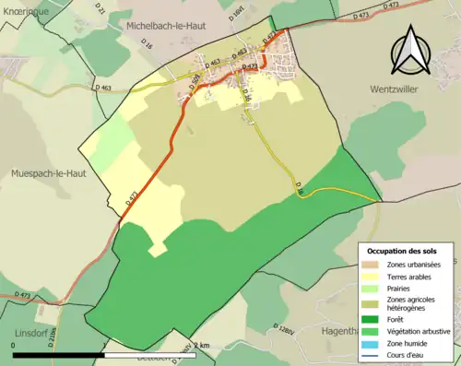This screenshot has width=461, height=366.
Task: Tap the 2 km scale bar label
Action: pos(201,345)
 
